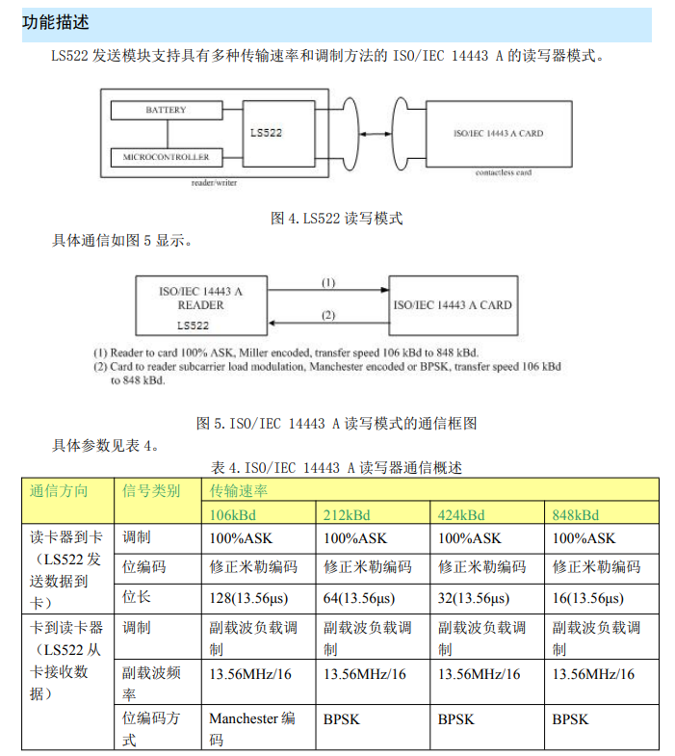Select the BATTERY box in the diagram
166,111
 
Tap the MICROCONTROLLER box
166,157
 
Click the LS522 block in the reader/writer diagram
266,133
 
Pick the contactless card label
503,172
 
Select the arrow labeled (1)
327,288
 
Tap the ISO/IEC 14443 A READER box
200,303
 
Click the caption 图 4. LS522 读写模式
337,219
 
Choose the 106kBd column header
233,515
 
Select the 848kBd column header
575,515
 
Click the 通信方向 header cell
59,491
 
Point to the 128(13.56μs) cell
253,598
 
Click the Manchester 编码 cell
252,729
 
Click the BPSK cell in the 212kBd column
343,719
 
